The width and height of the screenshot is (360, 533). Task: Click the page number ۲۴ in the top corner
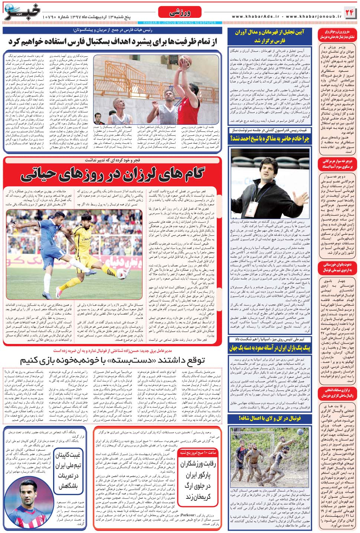349,12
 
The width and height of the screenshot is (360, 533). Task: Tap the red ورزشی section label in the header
180,13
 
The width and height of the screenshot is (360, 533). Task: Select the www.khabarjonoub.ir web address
314,17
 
